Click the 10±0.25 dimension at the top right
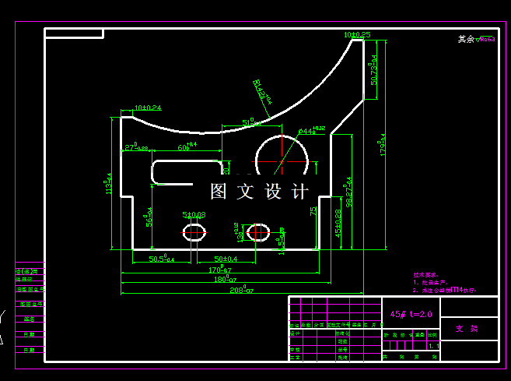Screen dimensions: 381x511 pos(357,35)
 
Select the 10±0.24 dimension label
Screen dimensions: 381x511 pos(148,108)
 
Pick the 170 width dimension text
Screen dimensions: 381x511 pos(220,270)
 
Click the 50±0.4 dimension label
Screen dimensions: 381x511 pos(226,258)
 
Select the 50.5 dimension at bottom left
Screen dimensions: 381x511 pos(161,258)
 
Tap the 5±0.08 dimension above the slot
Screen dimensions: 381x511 pos(194,214)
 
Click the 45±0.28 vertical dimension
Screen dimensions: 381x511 pos(338,224)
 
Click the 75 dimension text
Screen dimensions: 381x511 pos(313,210)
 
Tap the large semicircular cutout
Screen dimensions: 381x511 pos(282,156)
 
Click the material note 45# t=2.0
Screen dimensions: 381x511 pos(410,313)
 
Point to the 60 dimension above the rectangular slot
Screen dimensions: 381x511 pos(187,146)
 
